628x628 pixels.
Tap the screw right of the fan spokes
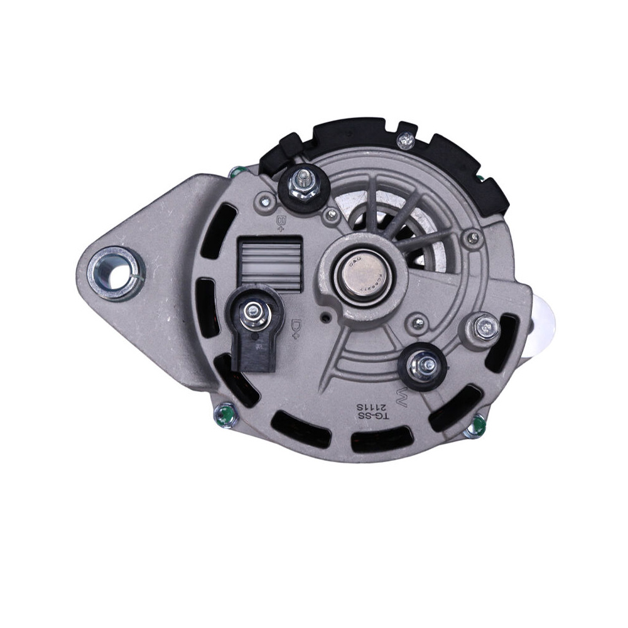[x=472, y=238]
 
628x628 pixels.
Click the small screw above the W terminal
[x=414, y=323]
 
